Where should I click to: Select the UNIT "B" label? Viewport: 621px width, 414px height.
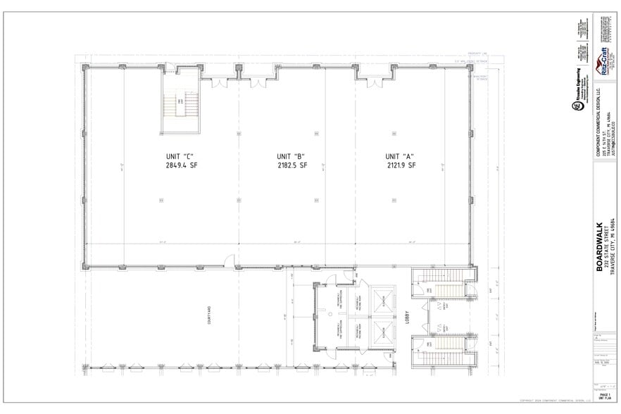[290, 156]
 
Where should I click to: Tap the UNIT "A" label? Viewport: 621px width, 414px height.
[401, 156]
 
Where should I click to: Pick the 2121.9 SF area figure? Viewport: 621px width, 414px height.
[401, 166]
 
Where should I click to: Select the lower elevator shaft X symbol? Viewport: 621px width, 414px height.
[379, 332]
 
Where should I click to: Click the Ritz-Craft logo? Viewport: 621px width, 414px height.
[604, 62]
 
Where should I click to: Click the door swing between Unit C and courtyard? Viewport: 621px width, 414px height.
[230, 262]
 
